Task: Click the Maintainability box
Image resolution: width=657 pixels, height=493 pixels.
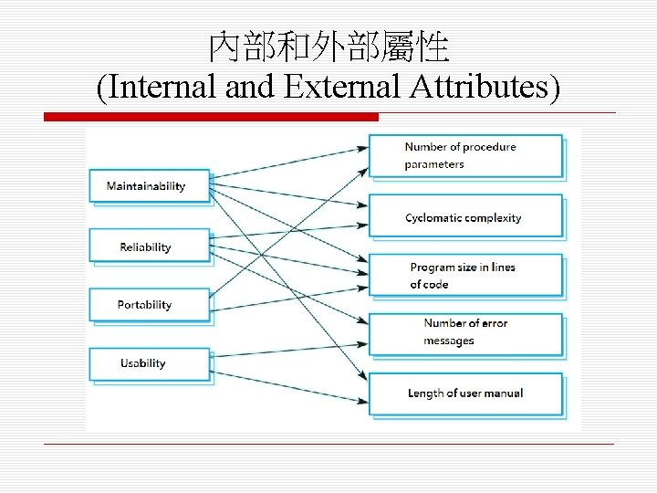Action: pos(149,185)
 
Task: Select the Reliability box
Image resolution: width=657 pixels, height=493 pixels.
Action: pos(149,246)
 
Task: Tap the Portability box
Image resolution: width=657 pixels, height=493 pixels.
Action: pos(149,305)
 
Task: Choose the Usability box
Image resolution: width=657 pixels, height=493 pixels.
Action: pos(149,363)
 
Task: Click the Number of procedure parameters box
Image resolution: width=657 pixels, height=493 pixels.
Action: pos(465,156)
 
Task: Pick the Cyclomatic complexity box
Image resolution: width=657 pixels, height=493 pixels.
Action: pos(465,217)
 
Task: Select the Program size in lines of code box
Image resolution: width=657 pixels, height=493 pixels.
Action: pos(465,275)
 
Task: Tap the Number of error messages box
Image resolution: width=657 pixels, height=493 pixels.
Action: pos(465,332)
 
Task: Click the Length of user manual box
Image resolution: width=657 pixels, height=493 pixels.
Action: pos(465,393)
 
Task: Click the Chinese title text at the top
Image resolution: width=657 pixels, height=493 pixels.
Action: pos(328,47)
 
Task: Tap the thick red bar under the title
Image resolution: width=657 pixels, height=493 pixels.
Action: pos(211,117)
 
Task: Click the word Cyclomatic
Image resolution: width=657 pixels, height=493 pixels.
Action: pos(437,218)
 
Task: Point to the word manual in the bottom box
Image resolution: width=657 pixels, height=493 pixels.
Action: pos(503,393)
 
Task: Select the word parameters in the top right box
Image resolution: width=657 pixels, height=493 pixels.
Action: pos(434,165)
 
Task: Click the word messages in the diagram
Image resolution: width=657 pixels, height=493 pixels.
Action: pos(449,341)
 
